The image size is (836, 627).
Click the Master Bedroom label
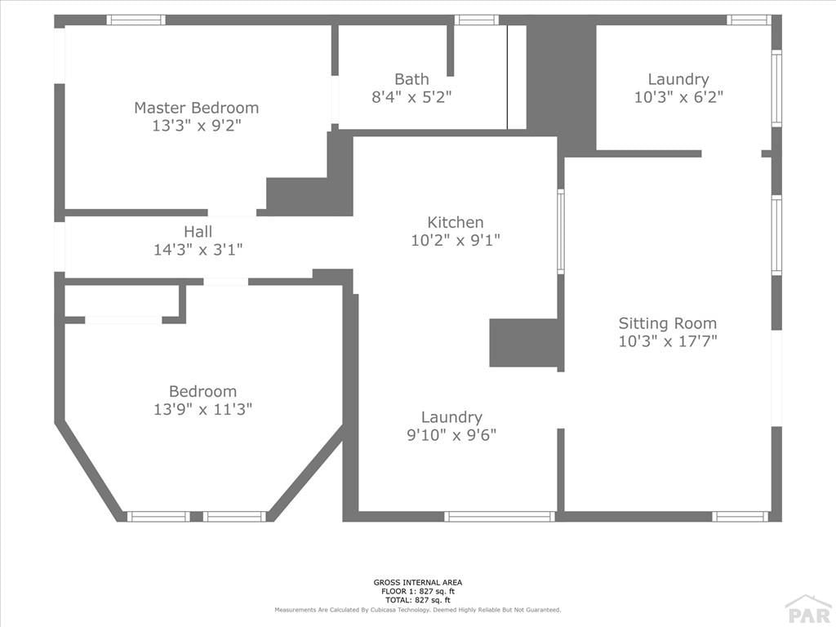[x=196, y=108]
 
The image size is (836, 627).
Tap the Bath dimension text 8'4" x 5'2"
[x=411, y=97]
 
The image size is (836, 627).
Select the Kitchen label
[x=456, y=222]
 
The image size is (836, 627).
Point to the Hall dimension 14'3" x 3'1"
[x=198, y=250]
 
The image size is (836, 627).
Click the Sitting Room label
[x=668, y=323]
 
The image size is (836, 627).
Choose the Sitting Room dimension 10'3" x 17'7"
[x=668, y=341]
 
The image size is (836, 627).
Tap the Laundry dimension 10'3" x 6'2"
[x=678, y=97]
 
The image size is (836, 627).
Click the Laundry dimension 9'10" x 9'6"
[x=451, y=435]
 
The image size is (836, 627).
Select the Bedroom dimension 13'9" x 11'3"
[x=202, y=410]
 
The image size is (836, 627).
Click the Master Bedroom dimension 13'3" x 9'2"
[x=196, y=126]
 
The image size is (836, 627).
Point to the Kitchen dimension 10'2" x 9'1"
[x=456, y=241]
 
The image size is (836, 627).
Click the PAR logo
[x=809, y=612]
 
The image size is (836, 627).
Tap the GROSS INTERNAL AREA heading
[x=418, y=583]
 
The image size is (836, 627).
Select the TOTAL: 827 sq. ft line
[x=418, y=600]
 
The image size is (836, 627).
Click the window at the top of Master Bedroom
[x=136, y=20]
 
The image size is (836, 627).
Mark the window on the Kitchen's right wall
[x=561, y=231]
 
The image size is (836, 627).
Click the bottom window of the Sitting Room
[x=740, y=516]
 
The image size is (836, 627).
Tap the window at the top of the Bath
[x=477, y=20]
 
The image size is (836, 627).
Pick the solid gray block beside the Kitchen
[x=523, y=343]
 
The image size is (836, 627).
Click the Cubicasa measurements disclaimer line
[x=418, y=609]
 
